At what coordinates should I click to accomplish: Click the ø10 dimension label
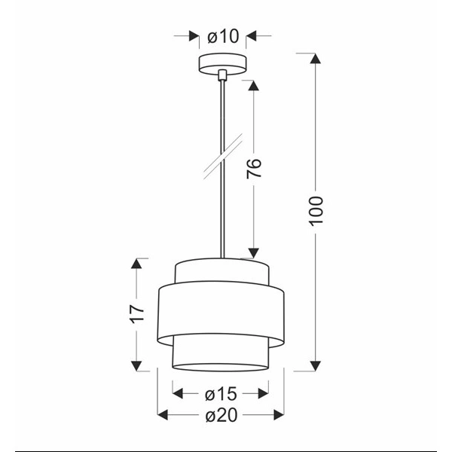[x=222, y=35]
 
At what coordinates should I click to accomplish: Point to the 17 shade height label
[x=136, y=313]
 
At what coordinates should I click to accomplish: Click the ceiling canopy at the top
[x=222, y=64]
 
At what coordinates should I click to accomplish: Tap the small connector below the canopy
[x=222, y=75]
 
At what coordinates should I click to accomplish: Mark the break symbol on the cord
[x=222, y=157]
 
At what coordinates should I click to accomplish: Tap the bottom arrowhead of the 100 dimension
[x=316, y=365]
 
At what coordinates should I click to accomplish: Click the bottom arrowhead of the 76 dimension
[x=254, y=252]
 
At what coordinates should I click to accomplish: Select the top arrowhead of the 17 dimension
[x=136, y=264]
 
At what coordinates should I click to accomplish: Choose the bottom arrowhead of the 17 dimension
[x=136, y=365]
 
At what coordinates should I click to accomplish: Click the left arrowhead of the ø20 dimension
[x=163, y=414]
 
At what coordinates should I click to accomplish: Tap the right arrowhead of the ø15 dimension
[x=263, y=392]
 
